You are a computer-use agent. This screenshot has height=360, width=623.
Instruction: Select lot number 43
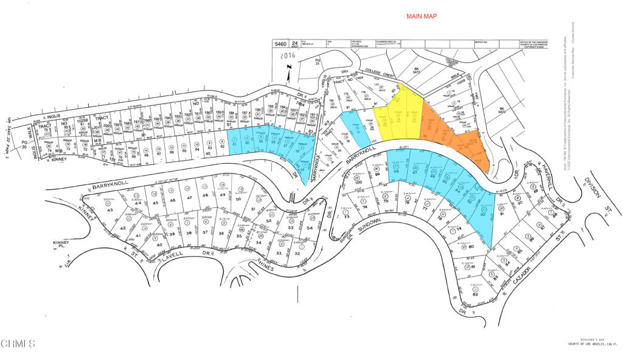coord(110,210)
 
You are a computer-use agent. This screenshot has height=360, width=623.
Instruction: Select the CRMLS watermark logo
coord(18,344)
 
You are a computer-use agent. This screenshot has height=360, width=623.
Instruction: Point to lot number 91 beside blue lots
coord(502,214)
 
